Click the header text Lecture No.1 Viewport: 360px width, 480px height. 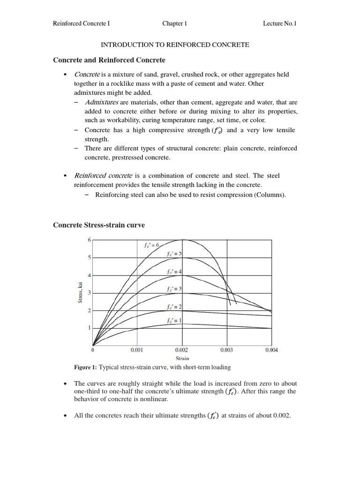coord(280,23)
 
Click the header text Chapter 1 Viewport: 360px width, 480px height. coord(175,23)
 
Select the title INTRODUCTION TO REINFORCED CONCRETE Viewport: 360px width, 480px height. coord(175,45)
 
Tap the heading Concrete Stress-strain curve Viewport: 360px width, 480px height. coord(99,225)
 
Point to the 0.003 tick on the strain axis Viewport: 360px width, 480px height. coord(227,350)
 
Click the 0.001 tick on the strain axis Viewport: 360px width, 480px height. coord(137,350)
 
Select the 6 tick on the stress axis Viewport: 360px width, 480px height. coord(89,240)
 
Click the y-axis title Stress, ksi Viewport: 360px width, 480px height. coord(80,292)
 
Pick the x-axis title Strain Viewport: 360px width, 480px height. coord(182,359)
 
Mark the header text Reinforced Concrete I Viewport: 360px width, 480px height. coord(82,23)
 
